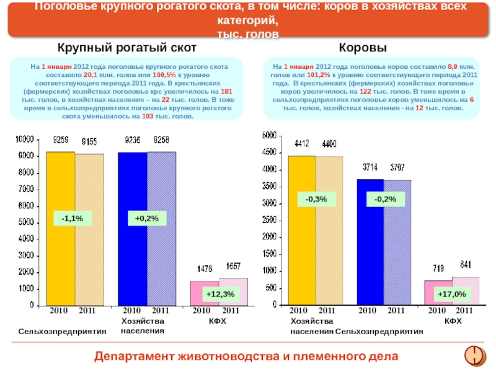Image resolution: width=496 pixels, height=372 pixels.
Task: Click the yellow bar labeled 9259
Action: click(x=60, y=229)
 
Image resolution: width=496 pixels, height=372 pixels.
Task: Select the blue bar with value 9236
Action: click(x=132, y=229)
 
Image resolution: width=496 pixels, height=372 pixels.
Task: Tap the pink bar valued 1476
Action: click(x=204, y=293)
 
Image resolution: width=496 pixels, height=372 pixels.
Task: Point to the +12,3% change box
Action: click(x=220, y=294)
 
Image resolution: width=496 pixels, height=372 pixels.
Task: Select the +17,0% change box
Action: click(x=451, y=294)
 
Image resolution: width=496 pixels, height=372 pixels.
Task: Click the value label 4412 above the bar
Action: click(x=301, y=144)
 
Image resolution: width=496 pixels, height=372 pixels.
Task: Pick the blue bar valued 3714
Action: click(x=370, y=242)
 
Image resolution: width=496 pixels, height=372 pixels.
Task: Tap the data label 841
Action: click(x=464, y=265)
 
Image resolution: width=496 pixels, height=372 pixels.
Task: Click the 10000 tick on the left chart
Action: click(x=24, y=139)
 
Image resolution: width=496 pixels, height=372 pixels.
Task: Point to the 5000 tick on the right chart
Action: click(x=270, y=135)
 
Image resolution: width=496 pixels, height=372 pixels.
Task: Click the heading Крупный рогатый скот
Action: click(x=127, y=48)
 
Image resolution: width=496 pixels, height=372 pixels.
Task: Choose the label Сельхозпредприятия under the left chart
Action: click(x=62, y=332)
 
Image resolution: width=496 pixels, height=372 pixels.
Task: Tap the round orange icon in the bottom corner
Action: click(x=475, y=355)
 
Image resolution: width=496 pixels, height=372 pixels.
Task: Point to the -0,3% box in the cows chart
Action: click(x=320, y=199)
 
